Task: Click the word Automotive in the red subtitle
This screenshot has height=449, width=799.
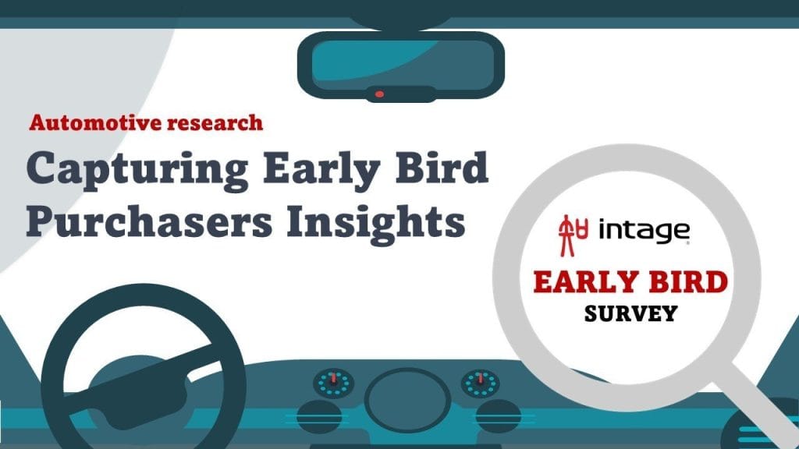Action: click(x=95, y=122)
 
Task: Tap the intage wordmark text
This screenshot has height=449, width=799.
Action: click(x=644, y=231)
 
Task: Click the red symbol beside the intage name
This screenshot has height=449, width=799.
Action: click(x=573, y=235)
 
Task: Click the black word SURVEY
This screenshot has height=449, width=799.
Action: click(x=630, y=313)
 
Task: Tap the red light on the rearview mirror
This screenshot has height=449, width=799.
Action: click(x=380, y=94)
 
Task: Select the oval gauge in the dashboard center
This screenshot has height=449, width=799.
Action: click(x=407, y=400)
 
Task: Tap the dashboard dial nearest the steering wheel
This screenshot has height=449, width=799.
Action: click(x=333, y=384)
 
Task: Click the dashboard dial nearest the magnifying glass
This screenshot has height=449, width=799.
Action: click(x=481, y=384)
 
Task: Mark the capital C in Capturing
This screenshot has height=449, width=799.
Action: click(x=42, y=168)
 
